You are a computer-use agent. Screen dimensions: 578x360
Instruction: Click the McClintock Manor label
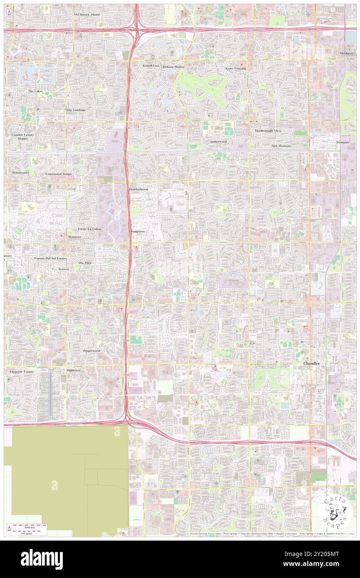[x=87, y=14]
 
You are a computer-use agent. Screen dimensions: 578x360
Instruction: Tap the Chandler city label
[x=311, y=363]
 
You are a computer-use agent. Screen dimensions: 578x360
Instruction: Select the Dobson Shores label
[x=173, y=67]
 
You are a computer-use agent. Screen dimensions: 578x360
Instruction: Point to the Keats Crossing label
[x=236, y=68]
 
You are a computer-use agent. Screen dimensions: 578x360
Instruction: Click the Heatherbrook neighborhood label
[x=138, y=189]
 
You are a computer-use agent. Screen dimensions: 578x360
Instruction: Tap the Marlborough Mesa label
[x=268, y=131]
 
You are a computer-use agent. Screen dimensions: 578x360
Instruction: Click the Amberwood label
[x=218, y=141]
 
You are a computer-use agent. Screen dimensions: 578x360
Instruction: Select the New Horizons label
[x=281, y=146]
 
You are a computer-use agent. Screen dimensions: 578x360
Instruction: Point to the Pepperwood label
[x=91, y=351]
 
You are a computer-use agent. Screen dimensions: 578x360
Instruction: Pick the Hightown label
[x=74, y=370]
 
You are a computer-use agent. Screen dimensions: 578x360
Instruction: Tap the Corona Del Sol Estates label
[x=50, y=258]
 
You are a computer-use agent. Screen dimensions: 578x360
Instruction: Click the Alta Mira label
[x=84, y=263]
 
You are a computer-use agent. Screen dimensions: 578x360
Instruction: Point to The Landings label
[x=76, y=110]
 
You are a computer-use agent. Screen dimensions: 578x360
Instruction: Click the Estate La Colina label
[x=90, y=229]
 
